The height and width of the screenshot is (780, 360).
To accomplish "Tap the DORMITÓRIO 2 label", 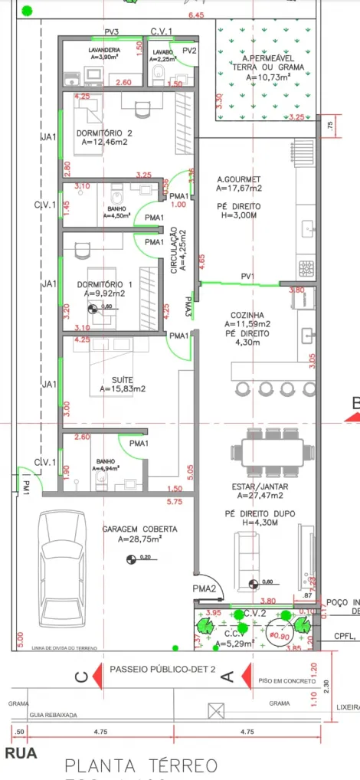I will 105,133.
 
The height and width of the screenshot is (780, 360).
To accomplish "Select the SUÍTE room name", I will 123,379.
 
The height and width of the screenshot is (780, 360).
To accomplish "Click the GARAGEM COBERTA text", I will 139,529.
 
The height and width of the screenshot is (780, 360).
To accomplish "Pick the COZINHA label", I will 248,315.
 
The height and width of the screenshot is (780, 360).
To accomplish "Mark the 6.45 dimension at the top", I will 197,15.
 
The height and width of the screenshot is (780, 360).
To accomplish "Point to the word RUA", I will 21,753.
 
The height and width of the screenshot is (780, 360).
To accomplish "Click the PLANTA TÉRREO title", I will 141,765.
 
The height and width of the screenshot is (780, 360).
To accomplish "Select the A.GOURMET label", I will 239,178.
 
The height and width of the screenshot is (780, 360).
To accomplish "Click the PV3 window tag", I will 111,32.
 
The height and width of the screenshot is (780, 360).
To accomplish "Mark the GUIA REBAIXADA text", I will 54,714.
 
